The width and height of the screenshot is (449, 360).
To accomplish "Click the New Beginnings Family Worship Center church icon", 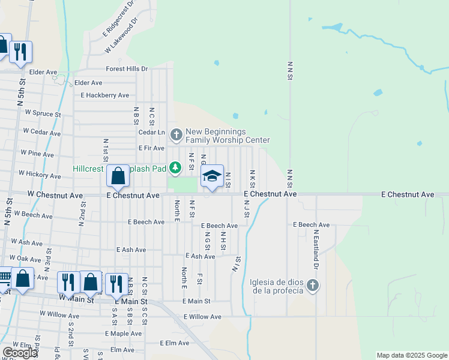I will pyautogui.click(x=176, y=134).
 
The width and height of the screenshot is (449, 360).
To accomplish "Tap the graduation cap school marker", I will pyautogui.click(x=211, y=176).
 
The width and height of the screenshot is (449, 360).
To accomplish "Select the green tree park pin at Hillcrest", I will pyautogui.click(x=175, y=168).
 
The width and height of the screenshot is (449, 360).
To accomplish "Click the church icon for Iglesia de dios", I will pyautogui.click(x=312, y=285).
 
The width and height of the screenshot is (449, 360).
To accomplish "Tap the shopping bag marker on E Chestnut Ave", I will pyautogui.click(x=118, y=176).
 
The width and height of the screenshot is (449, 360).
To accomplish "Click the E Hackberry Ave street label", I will pyautogui.click(x=105, y=95).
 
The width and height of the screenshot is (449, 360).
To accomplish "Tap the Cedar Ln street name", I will pyautogui.click(x=151, y=133).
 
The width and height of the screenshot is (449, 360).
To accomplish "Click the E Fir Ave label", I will pyautogui.click(x=151, y=148).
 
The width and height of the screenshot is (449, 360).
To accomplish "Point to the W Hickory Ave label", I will pyautogui.click(x=40, y=175).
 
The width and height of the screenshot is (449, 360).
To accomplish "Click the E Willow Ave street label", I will pyautogui.click(x=202, y=316).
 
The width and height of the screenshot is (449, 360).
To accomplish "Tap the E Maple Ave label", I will pyautogui.click(x=123, y=333).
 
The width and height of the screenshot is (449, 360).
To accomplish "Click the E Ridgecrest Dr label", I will pyautogui.click(x=121, y=17).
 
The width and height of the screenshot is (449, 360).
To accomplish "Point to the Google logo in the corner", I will pyautogui.click(x=20, y=353).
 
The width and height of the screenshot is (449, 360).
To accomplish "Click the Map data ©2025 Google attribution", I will pyautogui.click(x=412, y=355).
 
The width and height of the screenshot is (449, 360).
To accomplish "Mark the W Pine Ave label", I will pyautogui.click(x=37, y=154).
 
